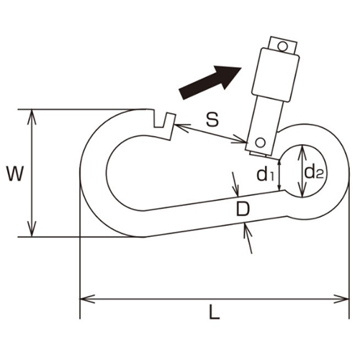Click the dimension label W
click(15, 174)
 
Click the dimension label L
click(215, 312)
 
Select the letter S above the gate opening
click(212, 120)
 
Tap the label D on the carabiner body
click(243, 208)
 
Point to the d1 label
click(265, 174)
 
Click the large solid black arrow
click(210, 81)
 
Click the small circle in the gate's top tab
click(282, 46)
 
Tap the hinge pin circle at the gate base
click(260, 143)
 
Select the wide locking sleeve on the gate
click(276, 75)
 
